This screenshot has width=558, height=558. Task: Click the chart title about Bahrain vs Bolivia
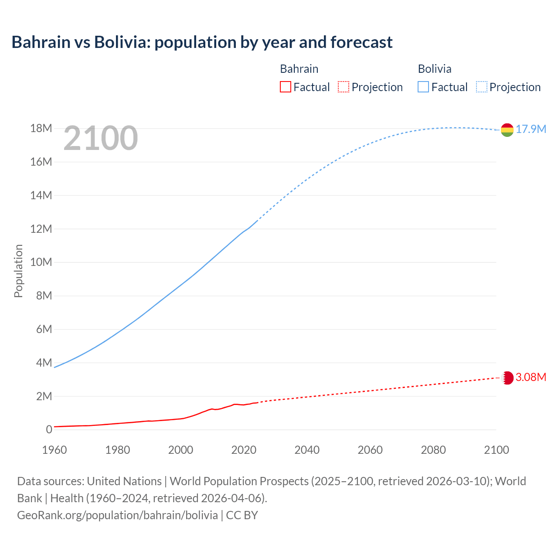tap(202, 42)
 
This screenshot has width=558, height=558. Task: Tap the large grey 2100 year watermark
tap(101, 138)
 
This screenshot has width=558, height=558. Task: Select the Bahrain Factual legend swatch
tap(285, 87)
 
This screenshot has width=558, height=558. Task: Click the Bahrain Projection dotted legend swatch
tap(344, 87)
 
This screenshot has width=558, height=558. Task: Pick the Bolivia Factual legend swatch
tap(423, 87)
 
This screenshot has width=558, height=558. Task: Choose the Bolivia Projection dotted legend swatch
tap(481, 87)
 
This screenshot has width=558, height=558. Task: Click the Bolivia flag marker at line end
tap(507, 130)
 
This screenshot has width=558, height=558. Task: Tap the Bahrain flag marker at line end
tap(507, 378)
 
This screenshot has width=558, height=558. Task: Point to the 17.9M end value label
tap(531, 129)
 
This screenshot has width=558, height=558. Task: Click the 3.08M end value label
tap(531, 377)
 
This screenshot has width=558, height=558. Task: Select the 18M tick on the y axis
tap(41, 129)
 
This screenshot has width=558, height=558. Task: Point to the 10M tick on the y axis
tap(41, 262)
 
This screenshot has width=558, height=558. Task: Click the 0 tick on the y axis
tap(49, 430)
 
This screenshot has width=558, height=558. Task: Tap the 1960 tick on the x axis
tap(54, 450)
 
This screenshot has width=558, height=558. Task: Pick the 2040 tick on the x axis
tap(307, 450)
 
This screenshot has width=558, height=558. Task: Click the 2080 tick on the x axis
tap(433, 450)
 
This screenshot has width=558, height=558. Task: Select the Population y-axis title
tap(18, 271)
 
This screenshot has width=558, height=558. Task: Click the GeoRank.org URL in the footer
tap(117, 515)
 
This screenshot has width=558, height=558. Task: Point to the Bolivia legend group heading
tap(435, 69)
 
